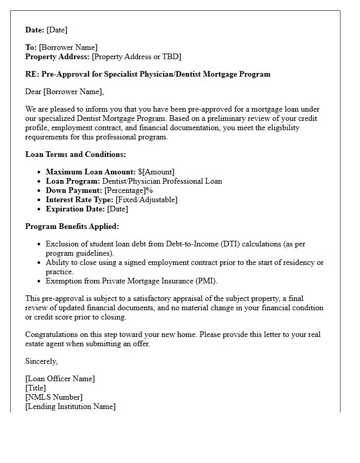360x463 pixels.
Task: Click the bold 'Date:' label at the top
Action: pos(35,30)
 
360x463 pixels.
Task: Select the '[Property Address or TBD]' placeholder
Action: pos(136,57)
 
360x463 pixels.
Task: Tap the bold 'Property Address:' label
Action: pos(58,57)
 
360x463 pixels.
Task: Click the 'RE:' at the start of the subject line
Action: pos(32,74)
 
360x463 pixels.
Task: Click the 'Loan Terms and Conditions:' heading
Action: pos(76,154)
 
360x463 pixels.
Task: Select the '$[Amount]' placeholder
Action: pos(156,172)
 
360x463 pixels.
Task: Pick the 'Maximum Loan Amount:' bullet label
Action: pos(91,172)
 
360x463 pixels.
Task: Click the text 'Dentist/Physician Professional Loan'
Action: pos(162,181)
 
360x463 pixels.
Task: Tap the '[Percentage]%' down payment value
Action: pos(129,190)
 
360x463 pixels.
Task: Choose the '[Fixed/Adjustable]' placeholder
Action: pos(146,200)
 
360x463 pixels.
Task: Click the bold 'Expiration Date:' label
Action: pos(75,209)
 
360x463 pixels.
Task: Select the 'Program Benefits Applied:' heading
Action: pos(72,226)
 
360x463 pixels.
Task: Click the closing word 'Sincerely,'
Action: pos(42,361)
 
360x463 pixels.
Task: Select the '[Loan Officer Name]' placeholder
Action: pos(60,379)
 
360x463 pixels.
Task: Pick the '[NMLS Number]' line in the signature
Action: pos(53,397)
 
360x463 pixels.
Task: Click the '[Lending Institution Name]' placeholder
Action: pos(70,406)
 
